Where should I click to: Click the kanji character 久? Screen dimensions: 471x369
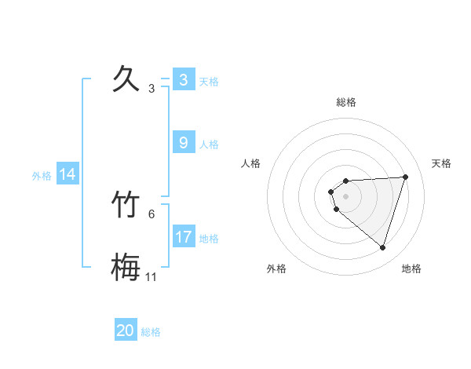(125, 79)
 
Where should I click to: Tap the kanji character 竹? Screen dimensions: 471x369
(125, 204)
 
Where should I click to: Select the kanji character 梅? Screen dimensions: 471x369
(125, 267)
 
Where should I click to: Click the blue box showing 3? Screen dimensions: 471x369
(183, 80)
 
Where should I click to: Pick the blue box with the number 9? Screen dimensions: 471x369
(183, 143)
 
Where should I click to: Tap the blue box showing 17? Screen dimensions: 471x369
(183, 237)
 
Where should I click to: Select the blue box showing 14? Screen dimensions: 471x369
(68, 174)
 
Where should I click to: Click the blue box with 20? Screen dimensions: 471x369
(125, 331)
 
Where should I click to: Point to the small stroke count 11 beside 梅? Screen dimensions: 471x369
(152, 277)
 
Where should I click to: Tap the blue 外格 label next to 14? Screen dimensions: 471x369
(42, 176)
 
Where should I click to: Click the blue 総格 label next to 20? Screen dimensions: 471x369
(151, 332)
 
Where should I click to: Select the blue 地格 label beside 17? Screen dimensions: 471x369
(209, 239)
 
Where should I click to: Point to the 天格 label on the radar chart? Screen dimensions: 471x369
(441, 163)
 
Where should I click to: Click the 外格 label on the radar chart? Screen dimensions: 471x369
(276, 269)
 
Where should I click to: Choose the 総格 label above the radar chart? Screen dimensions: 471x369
(346, 102)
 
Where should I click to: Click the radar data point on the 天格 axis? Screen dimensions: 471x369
(406, 177)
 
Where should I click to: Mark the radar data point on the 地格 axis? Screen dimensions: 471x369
(382, 247)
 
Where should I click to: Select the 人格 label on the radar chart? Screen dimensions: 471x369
(251, 163)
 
